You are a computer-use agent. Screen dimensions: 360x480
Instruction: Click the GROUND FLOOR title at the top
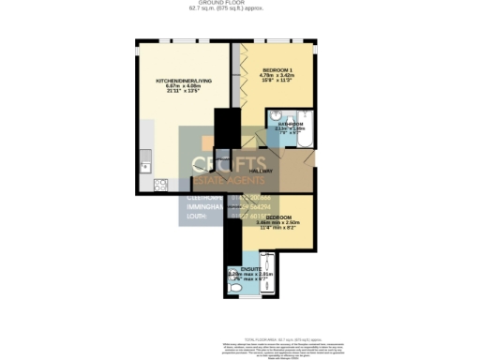tap(239, 3)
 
